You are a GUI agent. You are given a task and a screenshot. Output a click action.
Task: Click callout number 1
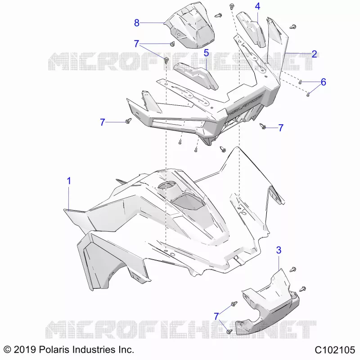(69, 181)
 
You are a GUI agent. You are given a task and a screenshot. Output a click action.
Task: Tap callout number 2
(314, 54)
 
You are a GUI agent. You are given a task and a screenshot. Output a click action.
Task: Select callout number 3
(279, 250)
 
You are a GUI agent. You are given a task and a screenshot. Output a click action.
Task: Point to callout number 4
(257, 6)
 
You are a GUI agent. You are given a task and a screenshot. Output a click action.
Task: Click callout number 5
(206, 53)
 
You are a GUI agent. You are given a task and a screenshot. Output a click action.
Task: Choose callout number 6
(323, 82)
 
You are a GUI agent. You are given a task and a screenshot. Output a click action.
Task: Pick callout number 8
(137, 23)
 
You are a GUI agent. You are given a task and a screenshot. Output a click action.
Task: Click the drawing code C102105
(334, 350)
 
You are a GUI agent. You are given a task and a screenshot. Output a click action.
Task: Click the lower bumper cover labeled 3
(268, 306)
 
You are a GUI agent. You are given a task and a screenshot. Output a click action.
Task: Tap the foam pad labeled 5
(196, 76)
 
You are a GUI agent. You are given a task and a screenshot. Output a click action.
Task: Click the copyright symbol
(7, 350)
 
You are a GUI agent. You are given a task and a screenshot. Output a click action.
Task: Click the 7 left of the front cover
(103, 122)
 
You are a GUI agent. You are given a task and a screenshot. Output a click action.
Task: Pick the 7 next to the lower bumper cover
(216, 316)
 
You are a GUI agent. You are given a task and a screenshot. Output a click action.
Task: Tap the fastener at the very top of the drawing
(232, 6)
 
